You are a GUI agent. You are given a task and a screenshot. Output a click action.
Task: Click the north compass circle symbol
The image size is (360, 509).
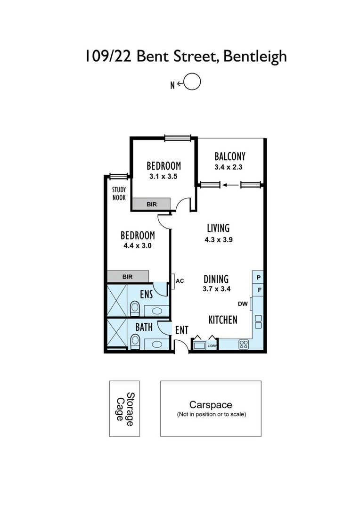[192, 82]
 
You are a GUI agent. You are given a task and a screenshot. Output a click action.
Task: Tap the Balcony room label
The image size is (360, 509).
[229, 156]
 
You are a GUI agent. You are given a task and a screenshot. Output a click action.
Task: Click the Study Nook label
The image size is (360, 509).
[119, 194]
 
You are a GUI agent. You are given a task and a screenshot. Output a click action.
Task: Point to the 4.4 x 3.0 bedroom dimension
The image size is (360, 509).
[138, 246]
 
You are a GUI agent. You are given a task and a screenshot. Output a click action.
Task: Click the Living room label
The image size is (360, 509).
[218, 228]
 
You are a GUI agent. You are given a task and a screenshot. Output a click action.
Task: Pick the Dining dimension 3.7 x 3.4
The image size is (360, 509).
[216, 289]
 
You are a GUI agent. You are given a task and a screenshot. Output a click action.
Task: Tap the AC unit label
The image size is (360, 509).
[180, 281]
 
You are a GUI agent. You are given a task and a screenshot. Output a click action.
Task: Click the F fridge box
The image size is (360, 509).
[259, 289]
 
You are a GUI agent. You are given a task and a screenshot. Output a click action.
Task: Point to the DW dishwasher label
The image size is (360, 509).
[243, 304]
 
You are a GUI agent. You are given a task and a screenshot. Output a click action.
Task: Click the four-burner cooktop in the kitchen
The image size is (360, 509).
[244, 345]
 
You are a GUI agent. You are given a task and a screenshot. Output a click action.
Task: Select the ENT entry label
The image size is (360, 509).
[181, 330]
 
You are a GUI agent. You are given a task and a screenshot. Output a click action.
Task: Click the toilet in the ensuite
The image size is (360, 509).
[135, 309]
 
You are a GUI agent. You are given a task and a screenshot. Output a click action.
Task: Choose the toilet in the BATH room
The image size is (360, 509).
[135, 341]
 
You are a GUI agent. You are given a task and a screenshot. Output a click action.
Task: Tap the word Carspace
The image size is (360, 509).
[211, 404]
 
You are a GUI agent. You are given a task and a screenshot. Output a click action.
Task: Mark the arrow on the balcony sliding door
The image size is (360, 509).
[230, 185]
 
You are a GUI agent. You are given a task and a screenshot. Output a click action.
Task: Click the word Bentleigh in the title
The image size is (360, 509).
[254, 57]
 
